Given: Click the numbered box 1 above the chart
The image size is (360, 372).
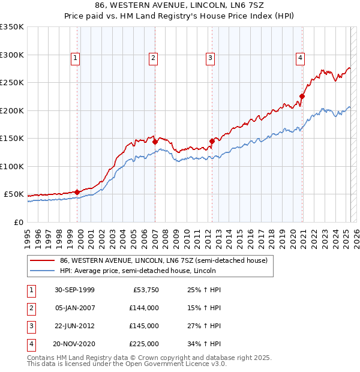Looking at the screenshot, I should (x=75, y=58).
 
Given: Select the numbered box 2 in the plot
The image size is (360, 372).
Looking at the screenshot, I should (x=154, y=58).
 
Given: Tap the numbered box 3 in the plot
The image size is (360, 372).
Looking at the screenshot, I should (x=211, y=58).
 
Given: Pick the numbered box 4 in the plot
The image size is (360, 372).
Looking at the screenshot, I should (x=300, y=58).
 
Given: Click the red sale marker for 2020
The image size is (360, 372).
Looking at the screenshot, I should (x=302, y=96).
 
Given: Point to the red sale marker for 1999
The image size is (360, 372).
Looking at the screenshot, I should (x=77, y=192).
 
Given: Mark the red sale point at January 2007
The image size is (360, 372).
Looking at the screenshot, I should (x=155, y=142).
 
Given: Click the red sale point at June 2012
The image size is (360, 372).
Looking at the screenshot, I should (x=212, y=141).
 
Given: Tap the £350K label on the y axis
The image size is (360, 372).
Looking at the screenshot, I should (x=12, y=27).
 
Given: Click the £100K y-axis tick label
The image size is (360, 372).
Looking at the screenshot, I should (x=12, y=166).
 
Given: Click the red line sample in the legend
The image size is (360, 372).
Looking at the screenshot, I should (x=43, y=261).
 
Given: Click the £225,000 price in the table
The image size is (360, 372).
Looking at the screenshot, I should (x=144, y=344).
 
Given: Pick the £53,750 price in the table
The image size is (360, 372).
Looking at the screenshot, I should (x=146, y=290).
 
